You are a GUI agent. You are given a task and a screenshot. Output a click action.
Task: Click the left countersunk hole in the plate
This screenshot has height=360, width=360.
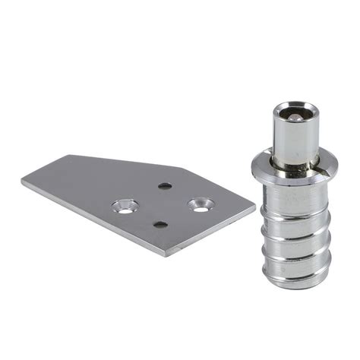click(125, 205)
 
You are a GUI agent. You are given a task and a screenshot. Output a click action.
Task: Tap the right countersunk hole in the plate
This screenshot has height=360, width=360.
click(201, 204)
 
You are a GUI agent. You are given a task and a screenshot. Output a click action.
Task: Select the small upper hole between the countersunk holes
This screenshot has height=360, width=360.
click(164, 185)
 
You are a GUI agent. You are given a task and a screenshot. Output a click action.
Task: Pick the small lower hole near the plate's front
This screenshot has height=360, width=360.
click(160, 224)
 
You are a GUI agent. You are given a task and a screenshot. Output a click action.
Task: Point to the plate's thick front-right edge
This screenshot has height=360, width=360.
click(213, 232)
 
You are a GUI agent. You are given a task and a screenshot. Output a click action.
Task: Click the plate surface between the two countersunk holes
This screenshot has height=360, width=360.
click(163, 204)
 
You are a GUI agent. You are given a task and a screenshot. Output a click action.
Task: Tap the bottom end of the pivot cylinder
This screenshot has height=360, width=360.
click(295, 279)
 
